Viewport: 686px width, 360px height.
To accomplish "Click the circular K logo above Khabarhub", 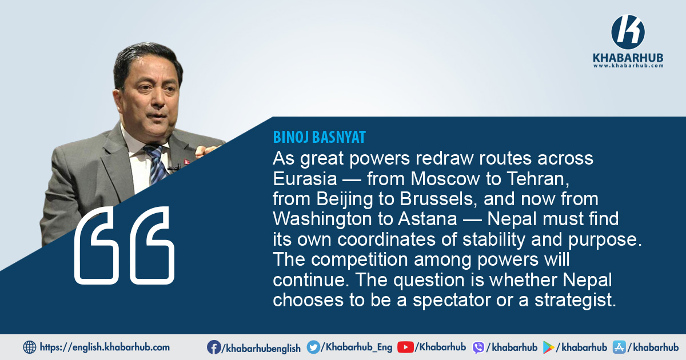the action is coord(628,32).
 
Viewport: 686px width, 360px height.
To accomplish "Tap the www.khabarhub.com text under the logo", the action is coord(628,66).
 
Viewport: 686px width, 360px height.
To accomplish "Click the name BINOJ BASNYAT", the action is coord(320,137).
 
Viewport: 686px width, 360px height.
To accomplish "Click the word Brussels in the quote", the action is coord(439,199).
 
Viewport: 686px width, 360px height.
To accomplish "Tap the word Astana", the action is coord(427,219).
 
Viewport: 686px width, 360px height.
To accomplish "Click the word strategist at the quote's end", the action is coord(576,301).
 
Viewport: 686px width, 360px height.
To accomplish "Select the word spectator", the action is coord(452,301).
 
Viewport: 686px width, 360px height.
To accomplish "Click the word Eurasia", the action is coord(305,179).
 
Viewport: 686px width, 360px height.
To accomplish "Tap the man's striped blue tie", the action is coord(156,163).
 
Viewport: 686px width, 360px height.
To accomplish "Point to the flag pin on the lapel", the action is coord(186,161).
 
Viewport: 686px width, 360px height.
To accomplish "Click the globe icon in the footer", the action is coord(30,347).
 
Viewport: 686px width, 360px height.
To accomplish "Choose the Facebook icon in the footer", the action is coord(213,347).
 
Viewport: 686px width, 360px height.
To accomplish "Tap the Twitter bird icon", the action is coord(313,347).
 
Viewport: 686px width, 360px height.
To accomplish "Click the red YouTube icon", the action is coord(405,347).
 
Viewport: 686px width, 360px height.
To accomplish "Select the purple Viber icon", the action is coord(478,348).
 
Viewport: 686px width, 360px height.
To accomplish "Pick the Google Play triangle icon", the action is coord(548,348).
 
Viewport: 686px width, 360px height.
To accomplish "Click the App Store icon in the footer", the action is coord(619,347).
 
